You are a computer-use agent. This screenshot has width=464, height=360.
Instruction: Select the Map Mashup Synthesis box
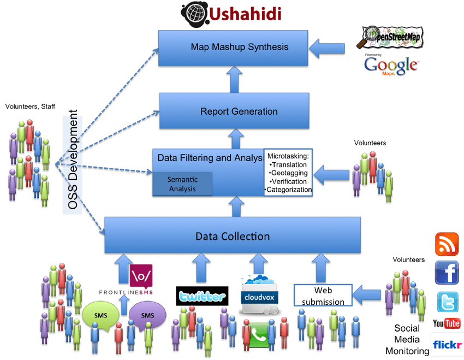point(240,47)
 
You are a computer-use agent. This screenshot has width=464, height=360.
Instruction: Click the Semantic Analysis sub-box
point(182,184)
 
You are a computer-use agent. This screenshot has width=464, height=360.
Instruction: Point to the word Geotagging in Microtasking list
point(289,173)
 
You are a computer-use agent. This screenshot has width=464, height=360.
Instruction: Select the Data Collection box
point(233,237)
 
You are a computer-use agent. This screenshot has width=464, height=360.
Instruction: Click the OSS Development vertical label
point(72,161)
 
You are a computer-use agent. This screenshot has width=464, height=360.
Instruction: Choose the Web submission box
point(323,295)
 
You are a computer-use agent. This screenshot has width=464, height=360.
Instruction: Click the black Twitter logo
point(201,296)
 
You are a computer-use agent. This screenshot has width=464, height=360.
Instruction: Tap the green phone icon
point(261,333)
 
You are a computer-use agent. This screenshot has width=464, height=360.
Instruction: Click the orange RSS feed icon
point(447,244)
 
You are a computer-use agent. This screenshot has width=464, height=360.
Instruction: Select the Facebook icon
point(447,273)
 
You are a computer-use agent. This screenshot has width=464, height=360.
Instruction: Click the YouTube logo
point(447,323)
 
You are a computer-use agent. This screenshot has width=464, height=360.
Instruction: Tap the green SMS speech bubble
point(101,316)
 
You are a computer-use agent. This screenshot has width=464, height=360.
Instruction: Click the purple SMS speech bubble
point(147,316)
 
